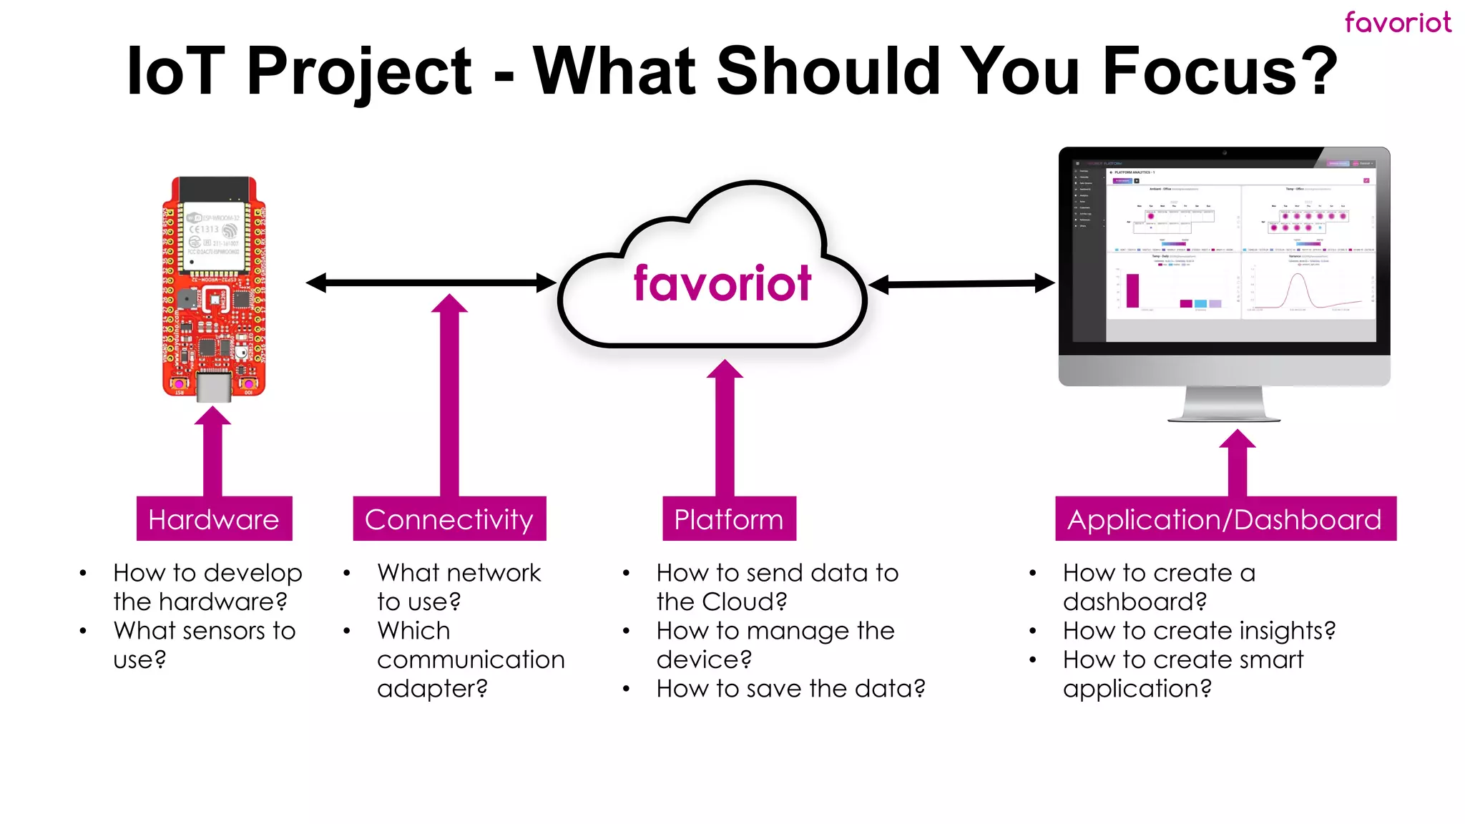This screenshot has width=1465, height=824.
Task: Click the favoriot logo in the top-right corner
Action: [x=1397, y=22]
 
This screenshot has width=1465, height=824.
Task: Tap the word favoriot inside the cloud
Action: [x=722, y=283]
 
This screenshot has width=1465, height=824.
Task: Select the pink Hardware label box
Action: [x=214, y=519]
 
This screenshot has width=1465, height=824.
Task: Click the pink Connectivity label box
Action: [x=449, y=519]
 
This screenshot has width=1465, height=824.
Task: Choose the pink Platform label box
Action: [x=729, y=519]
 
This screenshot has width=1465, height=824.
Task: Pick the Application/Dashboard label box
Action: [x=1225, y=519]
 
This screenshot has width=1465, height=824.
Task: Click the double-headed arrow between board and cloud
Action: [x=431, y=283]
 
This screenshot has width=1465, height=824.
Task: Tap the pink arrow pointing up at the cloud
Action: [x=725, y=429]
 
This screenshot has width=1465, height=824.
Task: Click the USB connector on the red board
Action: [x=213, y=386]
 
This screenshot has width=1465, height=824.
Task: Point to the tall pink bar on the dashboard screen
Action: [x=1132, y=291]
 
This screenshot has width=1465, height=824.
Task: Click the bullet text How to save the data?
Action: [x=790, y=688]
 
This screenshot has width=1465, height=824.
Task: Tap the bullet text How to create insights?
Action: [x=1199, y=630]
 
